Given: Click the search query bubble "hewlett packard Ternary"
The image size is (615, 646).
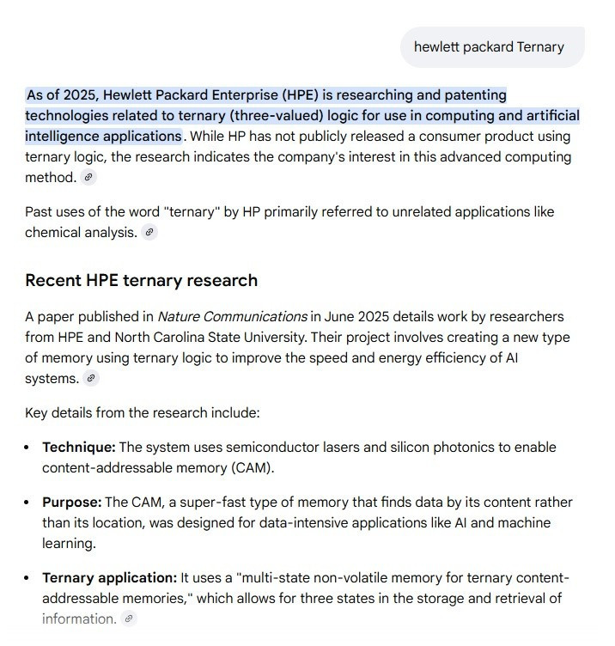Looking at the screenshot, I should pyautogui.click(x=489, y=46).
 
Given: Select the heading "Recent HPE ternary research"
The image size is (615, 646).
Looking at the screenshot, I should pyautogui.click(x=141, y=280).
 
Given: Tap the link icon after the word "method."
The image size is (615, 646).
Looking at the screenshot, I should pyautogui.click(x=88, y=178).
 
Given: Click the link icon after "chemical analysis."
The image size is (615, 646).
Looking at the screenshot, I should pyautogui.click(x=149, y=233).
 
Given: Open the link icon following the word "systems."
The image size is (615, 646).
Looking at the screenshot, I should pyautogui.click(x=91, y=378).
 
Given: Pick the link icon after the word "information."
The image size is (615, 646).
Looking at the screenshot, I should pyautogui.click(x=129, y=619).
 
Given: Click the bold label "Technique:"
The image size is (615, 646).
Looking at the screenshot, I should pyautogui.click(x=79, y=447).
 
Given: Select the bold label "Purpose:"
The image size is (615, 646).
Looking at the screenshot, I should pyautogui.click(x=72, y=502).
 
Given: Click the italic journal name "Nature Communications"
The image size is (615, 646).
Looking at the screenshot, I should pyautogui.click(x=232, y=316).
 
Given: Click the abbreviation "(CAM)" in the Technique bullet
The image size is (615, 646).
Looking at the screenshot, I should pyautogui.click(x=278, y=467).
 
